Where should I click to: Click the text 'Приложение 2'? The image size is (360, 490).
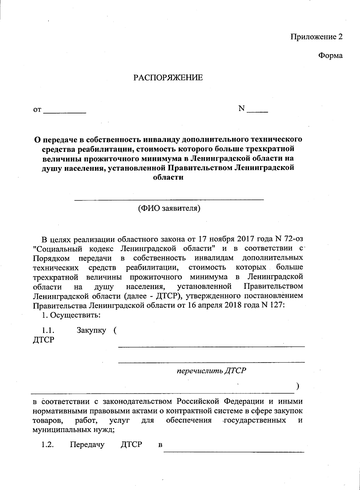(x=316, y=37)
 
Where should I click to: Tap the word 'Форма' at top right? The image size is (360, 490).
(x=330, y=56)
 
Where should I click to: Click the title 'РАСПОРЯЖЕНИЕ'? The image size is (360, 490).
(x=168, y=78)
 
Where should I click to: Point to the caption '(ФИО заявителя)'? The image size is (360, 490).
(x=169, y=208)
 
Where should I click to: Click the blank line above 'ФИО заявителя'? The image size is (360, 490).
(x=169, y=199)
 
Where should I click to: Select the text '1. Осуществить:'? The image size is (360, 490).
(x=71, y=315)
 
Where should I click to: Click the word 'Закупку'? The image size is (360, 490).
(x=91, y=330)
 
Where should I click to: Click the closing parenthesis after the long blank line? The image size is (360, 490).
(x=297, y=387)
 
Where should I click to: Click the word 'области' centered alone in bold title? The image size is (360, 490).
(x=168, y=177)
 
